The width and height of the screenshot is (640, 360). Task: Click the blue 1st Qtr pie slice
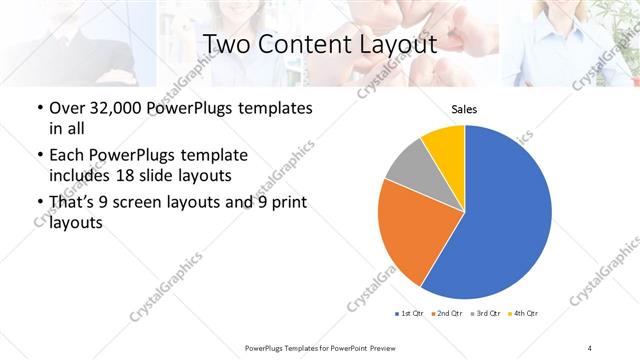pos(505,215)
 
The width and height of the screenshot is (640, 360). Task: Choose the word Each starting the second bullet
pos(67,156)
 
